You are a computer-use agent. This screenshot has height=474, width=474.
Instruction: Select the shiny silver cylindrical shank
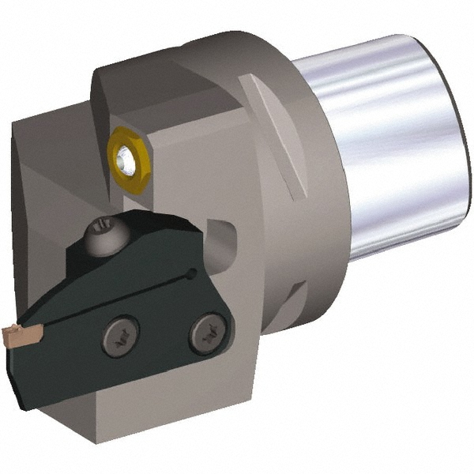click(x=395, y=142)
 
